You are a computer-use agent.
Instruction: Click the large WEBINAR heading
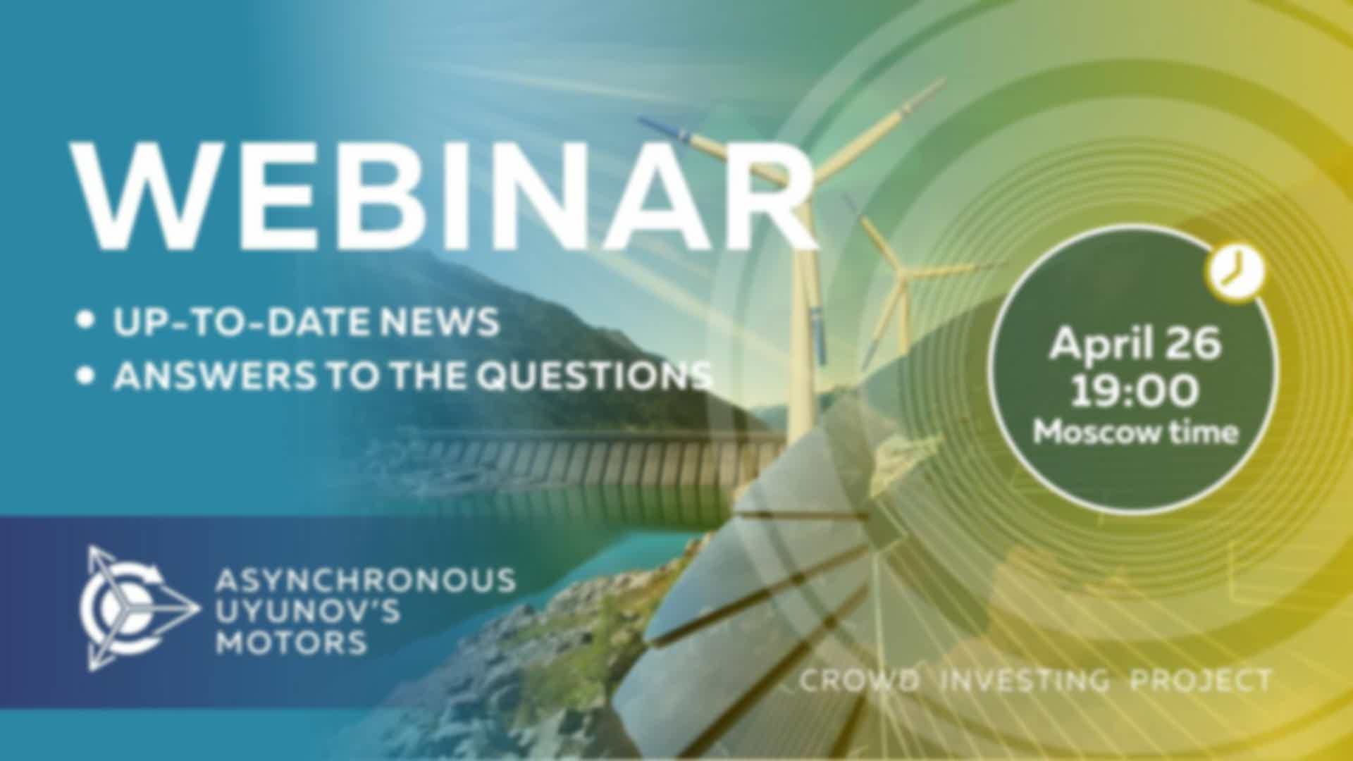point(445,197)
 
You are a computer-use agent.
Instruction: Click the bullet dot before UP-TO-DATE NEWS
point(86,321)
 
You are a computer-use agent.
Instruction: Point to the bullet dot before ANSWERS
point(86,376)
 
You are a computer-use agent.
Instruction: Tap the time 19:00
point(1134,391)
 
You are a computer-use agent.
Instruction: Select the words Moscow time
point(1135,431)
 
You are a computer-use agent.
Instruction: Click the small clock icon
point(1236,271)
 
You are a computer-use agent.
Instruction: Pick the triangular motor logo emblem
point(138,607)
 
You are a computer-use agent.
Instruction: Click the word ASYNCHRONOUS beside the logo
point(365,581)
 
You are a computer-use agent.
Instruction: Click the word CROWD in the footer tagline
point(860,681)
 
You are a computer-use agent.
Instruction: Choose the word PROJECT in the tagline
point(1201,681)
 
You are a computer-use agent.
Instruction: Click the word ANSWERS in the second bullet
point(215,376)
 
